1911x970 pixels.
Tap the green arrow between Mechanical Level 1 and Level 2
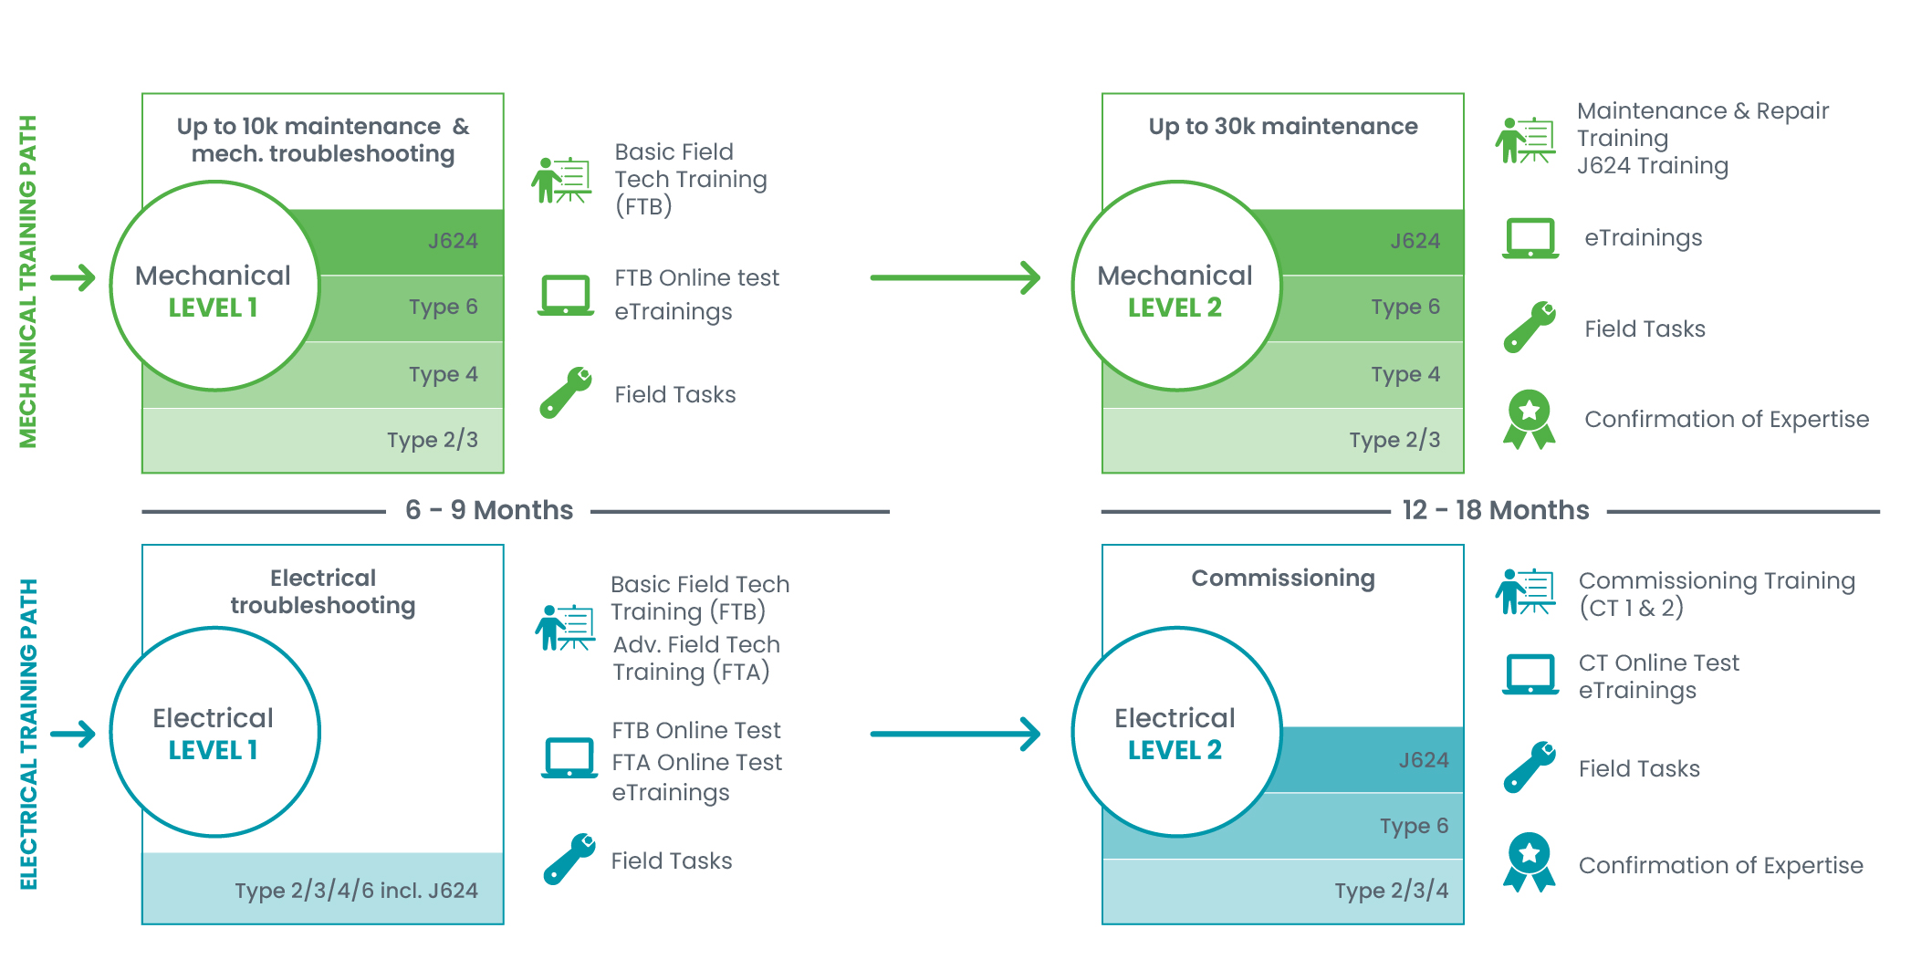[955, 277]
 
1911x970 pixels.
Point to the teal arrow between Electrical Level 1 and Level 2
[955, 734]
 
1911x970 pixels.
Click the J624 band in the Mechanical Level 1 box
[411, 242]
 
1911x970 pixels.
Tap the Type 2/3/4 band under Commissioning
[1283, 891]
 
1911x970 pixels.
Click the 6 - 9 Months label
[489, 510]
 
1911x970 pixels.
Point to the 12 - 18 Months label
[1496, 510]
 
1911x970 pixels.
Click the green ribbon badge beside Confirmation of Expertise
[1530, 420]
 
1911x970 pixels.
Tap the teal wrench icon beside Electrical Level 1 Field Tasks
[569, 859]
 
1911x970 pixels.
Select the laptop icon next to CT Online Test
[1530, 675]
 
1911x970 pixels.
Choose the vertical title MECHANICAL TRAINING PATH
[28, 281]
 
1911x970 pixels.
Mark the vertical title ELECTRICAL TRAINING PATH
[28, 734]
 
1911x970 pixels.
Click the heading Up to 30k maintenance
[1283, 126]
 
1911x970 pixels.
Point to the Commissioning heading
[1283, 579]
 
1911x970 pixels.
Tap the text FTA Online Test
[697, 762]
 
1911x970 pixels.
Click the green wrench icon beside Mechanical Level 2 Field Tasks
[1530, 327]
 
